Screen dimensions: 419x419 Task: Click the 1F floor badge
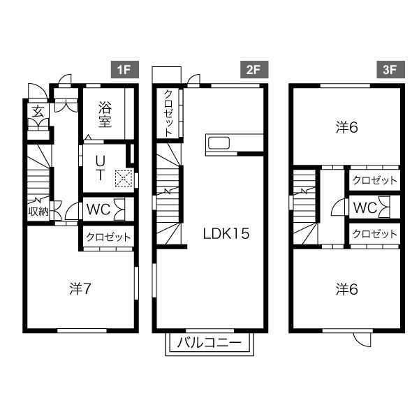125,69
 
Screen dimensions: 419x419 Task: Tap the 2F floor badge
254,69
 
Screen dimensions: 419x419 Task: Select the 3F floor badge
390,69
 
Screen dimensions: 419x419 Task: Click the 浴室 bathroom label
105,115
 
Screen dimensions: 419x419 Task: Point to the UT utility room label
100,168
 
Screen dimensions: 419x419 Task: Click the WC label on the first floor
98,209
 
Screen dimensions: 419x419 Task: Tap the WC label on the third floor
365,207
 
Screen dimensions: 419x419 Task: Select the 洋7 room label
80,289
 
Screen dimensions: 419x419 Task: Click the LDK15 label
226,233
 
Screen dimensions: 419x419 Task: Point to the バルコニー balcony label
209,343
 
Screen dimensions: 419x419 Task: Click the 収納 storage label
38,212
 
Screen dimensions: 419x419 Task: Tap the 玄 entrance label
38,112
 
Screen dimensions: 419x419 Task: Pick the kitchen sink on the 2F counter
219,143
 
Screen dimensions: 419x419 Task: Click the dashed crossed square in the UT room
124,178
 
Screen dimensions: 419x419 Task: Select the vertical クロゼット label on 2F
168,113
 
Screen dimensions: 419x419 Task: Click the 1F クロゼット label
108,237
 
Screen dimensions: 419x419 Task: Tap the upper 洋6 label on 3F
347,128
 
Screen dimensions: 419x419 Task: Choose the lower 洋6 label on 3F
347,289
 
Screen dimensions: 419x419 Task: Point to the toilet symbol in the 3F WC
383,207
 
